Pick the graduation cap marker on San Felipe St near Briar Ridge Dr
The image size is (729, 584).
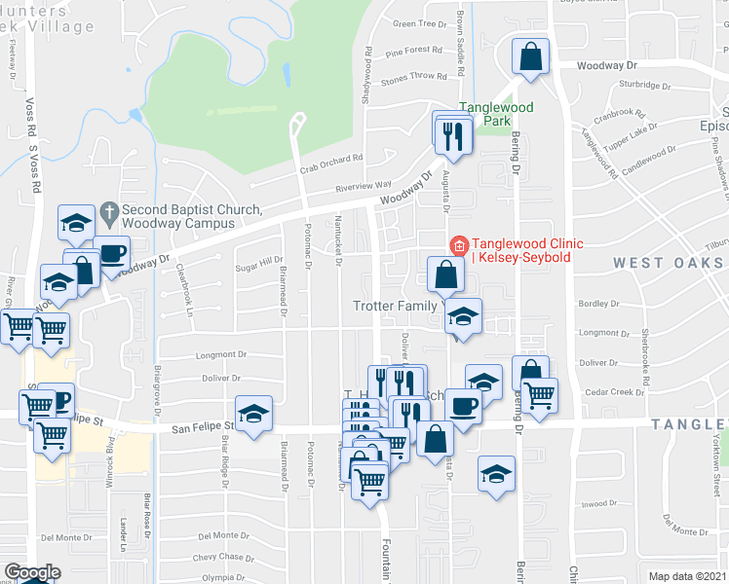(253, 414)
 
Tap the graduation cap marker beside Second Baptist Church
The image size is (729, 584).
(76, 223)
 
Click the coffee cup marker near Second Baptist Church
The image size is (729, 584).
(111, 253)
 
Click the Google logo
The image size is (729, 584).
(32, 571)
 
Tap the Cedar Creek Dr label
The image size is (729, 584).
(616, 392)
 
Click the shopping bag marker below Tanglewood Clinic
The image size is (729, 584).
(445, 274)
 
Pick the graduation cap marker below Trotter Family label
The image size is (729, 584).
(464, 315)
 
